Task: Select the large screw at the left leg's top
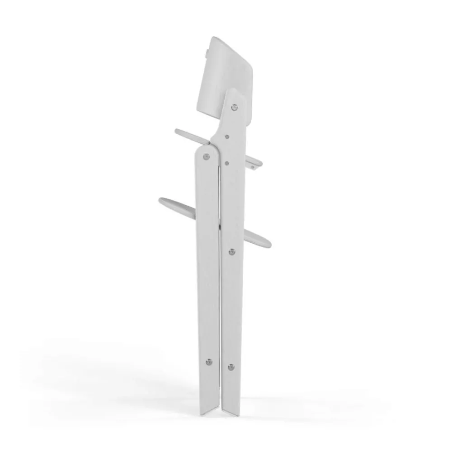(x=207, y=156)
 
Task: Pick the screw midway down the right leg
(x=232, y=252)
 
